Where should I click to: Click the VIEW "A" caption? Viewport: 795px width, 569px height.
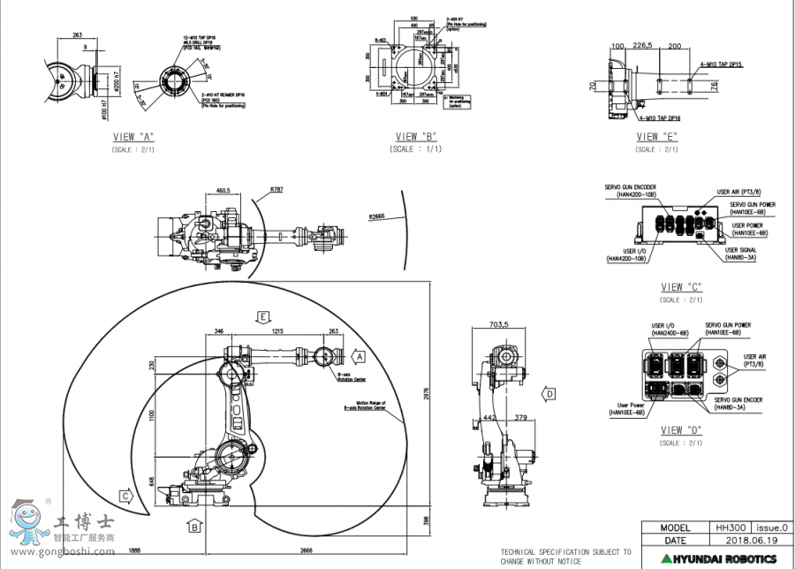[133, 137]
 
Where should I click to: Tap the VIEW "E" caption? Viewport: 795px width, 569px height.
[658, 137]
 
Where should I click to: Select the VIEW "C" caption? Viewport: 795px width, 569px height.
[681, 287]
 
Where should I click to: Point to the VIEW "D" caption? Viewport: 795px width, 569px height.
[681, 429]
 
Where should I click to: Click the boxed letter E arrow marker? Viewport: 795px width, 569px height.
[262, 315]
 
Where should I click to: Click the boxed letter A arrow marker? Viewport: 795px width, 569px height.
[359, 356]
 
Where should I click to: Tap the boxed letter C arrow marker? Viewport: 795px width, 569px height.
[126, 497]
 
